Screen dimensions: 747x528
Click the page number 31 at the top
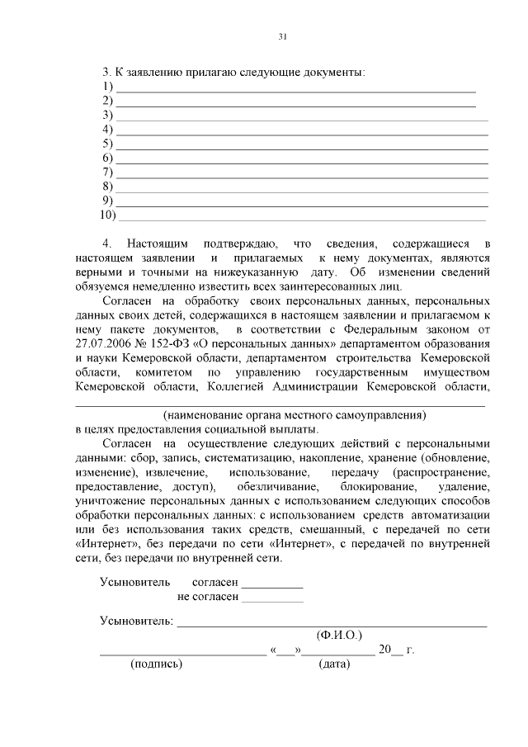coord(282,36)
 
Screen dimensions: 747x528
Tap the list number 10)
coord(107,215)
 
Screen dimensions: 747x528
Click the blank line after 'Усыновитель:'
coord(332,625)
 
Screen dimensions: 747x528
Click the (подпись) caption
coord(157,665)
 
